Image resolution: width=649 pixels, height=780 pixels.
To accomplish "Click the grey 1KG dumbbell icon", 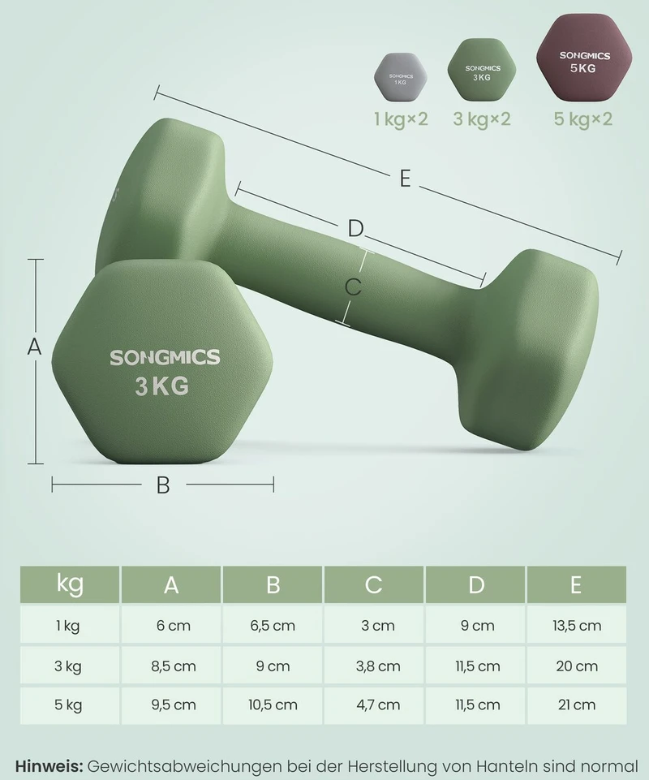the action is point(400,78).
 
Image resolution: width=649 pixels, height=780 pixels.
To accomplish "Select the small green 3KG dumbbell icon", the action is point(481,71).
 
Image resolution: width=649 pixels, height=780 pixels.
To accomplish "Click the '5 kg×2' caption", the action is point(582,119).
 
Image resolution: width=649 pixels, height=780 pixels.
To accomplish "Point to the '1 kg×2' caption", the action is point(401,119).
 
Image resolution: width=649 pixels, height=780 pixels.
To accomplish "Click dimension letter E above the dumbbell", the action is point(406,179).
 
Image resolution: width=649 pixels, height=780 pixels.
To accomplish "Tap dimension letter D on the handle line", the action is point(355,229).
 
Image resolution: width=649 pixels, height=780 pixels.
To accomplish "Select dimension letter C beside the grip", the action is point(353,287).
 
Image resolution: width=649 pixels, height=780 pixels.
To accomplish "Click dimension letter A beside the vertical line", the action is point(34,347).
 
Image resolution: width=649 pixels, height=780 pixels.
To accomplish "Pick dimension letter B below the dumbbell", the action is point(163,485).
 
